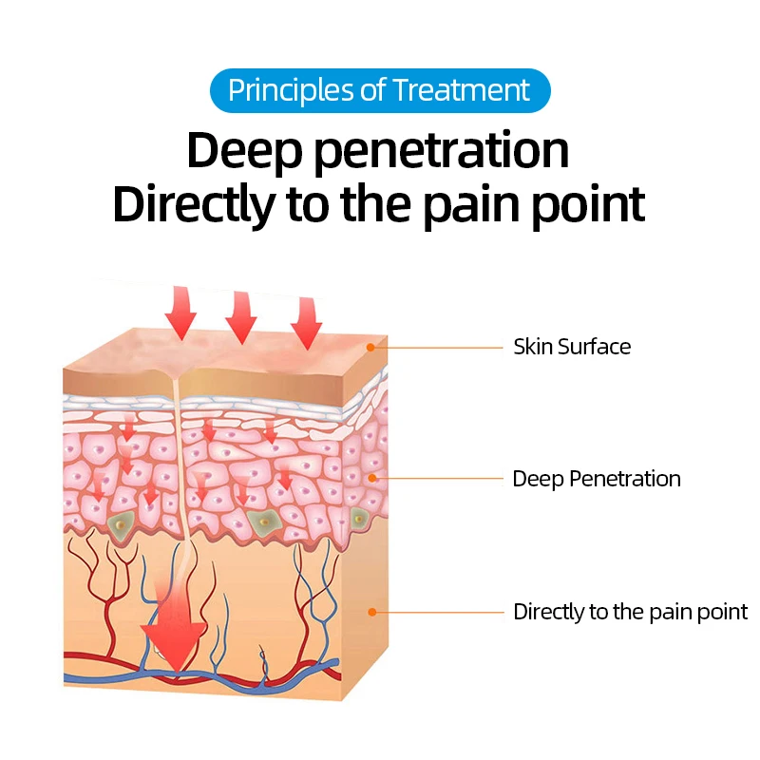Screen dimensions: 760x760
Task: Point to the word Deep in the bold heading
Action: [x=239, y=151]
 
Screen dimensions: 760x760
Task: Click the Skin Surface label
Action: [x=572, y=347]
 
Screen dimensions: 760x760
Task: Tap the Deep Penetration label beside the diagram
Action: [x=597, y=478]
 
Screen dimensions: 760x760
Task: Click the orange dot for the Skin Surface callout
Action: [x=371, y=348]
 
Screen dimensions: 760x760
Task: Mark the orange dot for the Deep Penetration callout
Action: [x=371, y=478]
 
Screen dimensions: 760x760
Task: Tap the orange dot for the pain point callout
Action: [x=371, y=612]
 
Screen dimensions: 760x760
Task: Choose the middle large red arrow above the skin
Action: [x=242, y=317]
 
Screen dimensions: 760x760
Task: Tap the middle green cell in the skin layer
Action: [x=261, y=520]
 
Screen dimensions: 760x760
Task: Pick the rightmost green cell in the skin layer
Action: [x=359, y=518]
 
